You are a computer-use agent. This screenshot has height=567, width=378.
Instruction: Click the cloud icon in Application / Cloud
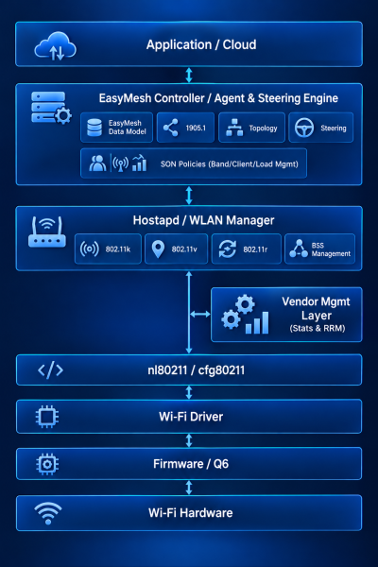click(x=55, y=45)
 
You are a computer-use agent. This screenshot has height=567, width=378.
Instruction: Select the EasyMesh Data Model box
click(x=116, y=128)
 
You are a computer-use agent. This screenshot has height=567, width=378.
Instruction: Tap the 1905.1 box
click(x=185, y=128)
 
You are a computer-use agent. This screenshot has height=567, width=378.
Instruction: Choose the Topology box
click(x=251, y=128)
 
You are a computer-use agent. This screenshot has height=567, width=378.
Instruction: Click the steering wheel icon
click(x=304, y=128)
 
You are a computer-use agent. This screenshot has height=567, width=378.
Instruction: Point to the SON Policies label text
click(x=230, y=164)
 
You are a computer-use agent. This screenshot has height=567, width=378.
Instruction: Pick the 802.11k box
click(x=108, y=249)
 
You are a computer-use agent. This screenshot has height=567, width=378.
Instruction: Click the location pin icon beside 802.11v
click(x=158, y=249)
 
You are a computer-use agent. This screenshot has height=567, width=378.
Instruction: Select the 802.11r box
click(x=246, y=249)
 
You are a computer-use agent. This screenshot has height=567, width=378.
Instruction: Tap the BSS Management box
click(x=319, y=249)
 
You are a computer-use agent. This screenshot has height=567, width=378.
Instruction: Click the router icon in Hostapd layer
click(x=47, y=232)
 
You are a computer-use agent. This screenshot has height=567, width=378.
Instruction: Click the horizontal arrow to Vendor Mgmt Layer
click(x=200, y=315)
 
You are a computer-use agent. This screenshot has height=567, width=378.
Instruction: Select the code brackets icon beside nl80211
click(x=51, y=369)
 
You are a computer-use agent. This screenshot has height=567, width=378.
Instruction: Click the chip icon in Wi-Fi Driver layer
click(x=47, y=417)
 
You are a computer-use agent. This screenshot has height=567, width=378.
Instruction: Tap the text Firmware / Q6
click(x=191, y=464)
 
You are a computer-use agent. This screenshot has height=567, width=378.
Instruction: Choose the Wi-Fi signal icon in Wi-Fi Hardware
click(x=48, y=513)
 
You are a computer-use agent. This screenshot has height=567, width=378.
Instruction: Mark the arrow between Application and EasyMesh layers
click(x=189, y=76)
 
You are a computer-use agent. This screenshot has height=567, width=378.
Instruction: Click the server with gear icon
click(x=51, y=108)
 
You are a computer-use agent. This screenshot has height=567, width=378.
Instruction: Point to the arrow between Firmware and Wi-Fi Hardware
click(x=189, y=488)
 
